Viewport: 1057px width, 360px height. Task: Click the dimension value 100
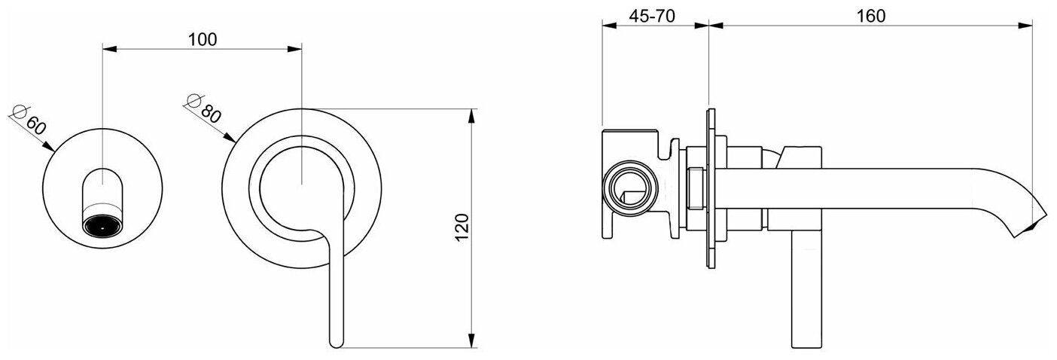tap(203, 40)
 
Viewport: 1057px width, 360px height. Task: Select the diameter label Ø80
tap(204, 108)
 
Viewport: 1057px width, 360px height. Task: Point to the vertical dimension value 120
tap(462, 227)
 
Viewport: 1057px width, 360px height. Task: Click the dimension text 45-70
tap(652, 17)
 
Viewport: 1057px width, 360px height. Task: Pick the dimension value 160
tap(870, 17)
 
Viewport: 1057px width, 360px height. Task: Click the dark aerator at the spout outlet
tap(103, 225)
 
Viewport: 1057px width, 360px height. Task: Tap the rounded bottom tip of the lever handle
tap(336, 343)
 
